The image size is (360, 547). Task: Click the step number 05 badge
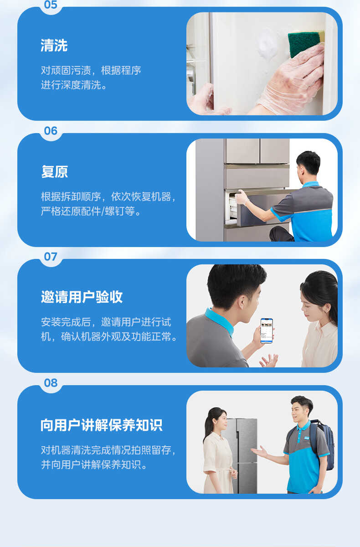click(x=51, y=5)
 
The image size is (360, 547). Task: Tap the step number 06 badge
click(x=51, y=131)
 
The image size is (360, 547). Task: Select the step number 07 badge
click(x=51, y=257)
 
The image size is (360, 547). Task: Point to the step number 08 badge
click(x=51, y=383)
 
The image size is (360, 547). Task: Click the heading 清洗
click(x=54, y=46)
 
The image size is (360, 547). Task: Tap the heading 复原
click(x=54, y=172)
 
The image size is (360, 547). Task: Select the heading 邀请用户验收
click(x=82, y=298)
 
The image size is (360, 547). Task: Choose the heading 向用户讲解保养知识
click(x=101, y=425)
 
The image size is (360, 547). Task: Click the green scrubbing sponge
click(x=304, y=41)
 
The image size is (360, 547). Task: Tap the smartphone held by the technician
click(x=267, y=330)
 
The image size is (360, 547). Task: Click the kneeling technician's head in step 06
click(x=309, y=164)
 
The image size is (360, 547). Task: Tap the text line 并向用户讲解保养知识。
click(x=94, y=465)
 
